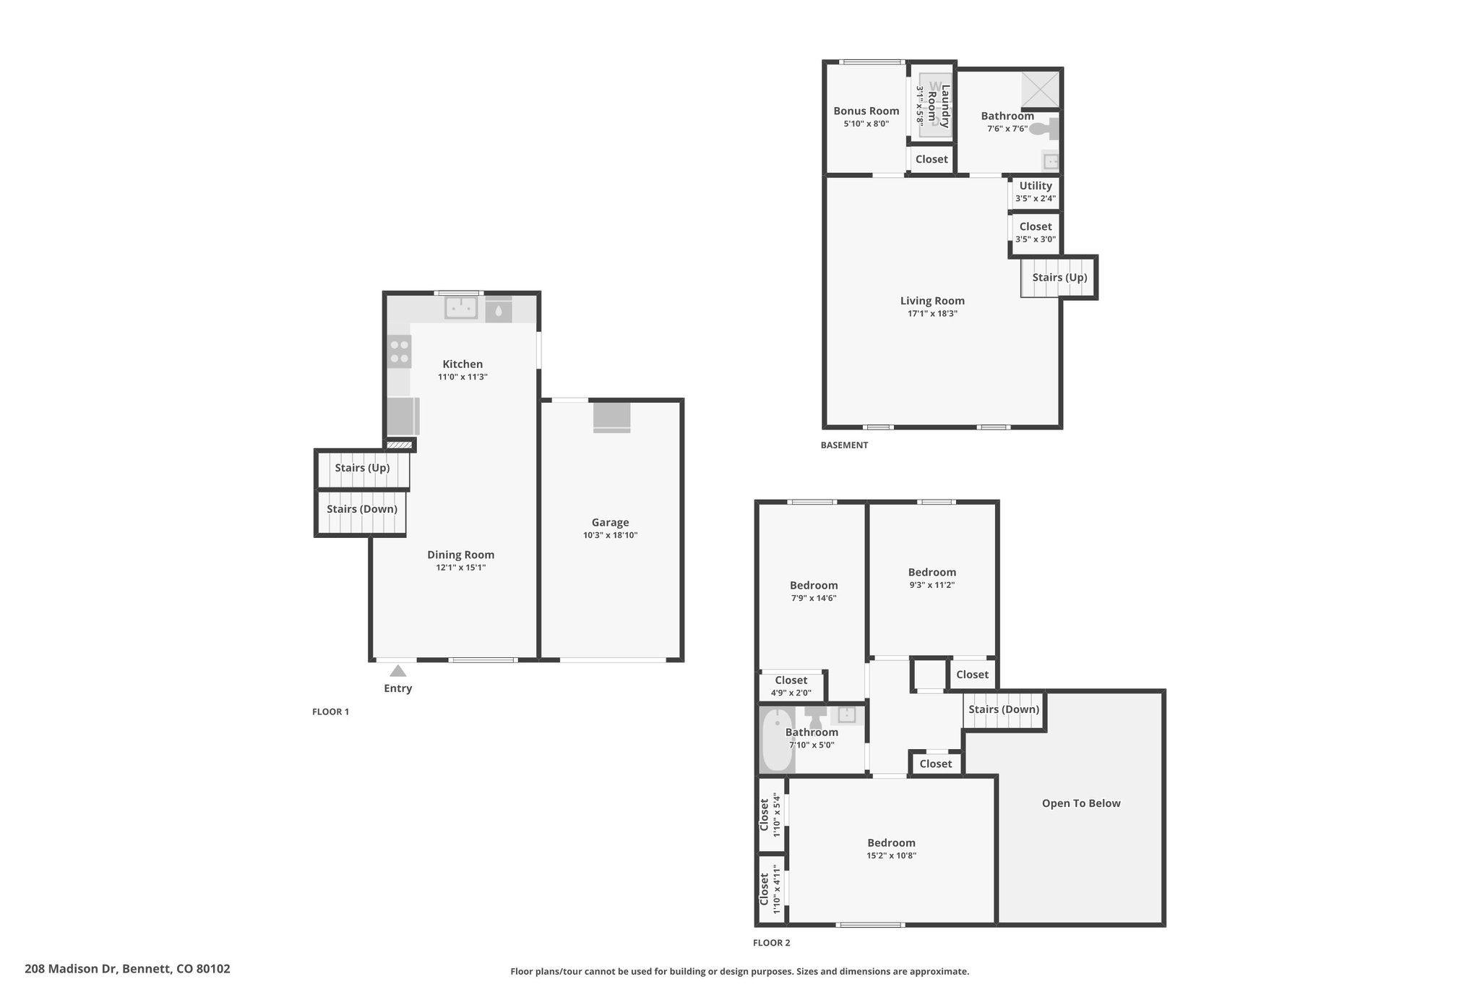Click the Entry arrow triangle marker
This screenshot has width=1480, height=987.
(398, 671)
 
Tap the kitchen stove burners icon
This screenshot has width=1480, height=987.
(400, 351)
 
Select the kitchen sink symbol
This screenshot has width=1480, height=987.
(461, 307)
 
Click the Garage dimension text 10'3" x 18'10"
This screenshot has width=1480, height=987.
(611, 536)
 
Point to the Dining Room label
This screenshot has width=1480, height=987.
(461, 555)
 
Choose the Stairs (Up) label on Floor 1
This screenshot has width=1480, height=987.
(362, 468)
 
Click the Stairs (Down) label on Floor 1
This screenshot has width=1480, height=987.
(362, 509)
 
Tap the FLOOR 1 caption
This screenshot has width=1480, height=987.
(330, 712)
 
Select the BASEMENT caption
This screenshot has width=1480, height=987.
(844, 445)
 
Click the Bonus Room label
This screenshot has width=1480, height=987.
(866, 111)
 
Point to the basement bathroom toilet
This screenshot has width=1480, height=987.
(1044, 129)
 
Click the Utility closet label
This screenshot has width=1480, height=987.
(1036, 186)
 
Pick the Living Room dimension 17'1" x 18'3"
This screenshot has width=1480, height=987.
(933, 314)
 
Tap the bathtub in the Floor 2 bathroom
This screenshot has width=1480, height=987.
(778, 739)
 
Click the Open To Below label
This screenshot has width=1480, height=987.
(1081, 803)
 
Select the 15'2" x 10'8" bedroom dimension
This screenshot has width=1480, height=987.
(892, 856)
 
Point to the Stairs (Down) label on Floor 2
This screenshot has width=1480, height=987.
(1004, 709)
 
